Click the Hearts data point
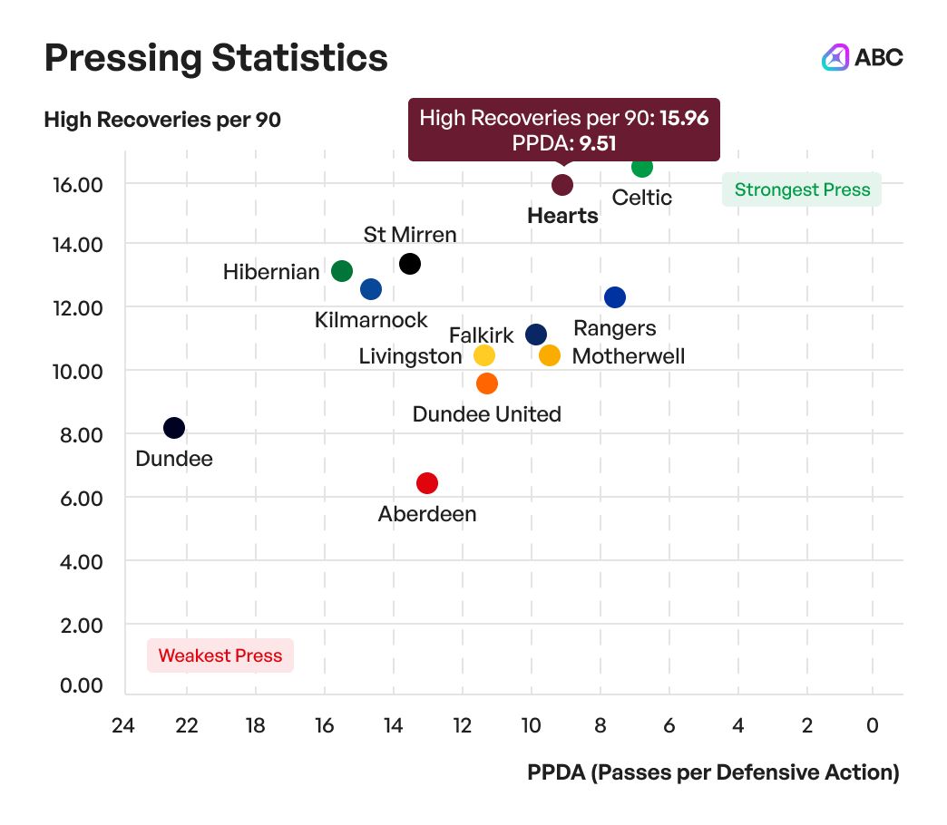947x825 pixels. (562, 185)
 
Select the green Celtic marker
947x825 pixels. (642, 167)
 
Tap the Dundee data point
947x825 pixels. (174, 428)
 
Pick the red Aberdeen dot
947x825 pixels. (427, 483)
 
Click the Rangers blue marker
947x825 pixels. (615, 297)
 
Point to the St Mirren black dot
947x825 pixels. (410, 264)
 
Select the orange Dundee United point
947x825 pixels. (487, 383)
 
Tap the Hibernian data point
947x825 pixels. (342, 271)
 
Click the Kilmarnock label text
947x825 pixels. (371, 320)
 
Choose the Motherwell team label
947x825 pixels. (629, 356)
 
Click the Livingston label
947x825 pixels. (410, 356)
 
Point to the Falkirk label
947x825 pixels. (481, 335)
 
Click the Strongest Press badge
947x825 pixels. (802, 190)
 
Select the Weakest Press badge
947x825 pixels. (220, 655)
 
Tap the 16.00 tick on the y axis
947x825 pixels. (79, 184)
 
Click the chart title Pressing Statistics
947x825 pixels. (216, 58)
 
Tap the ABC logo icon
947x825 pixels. (835, 57)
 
